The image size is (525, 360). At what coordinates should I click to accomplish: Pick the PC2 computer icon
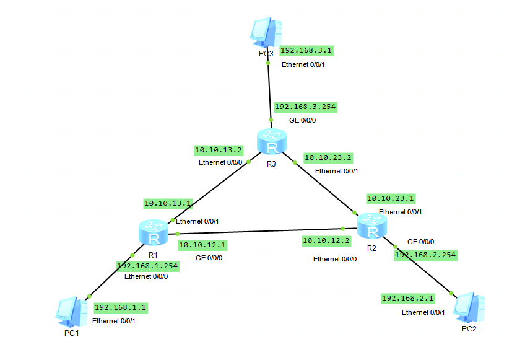click(470, 307)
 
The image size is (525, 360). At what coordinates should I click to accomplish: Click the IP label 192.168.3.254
click(305, 107)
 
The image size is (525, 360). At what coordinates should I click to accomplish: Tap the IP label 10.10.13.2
click(218, 150)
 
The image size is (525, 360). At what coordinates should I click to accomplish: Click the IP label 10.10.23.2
click(328, 157)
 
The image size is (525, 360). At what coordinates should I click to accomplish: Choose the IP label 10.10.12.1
click(202, 245)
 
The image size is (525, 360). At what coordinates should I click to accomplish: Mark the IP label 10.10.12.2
click(326, 240)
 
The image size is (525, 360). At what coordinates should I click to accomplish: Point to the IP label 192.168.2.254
click(425, 255)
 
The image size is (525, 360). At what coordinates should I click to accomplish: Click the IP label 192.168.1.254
click(147, 266)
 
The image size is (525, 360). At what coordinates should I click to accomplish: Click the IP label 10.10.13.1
click(168, 203)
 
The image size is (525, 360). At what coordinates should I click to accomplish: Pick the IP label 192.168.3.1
click(306, 51)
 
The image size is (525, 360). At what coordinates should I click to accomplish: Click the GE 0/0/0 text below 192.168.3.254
click(302, 120)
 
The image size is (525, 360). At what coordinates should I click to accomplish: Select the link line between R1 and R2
click(260, 231)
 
